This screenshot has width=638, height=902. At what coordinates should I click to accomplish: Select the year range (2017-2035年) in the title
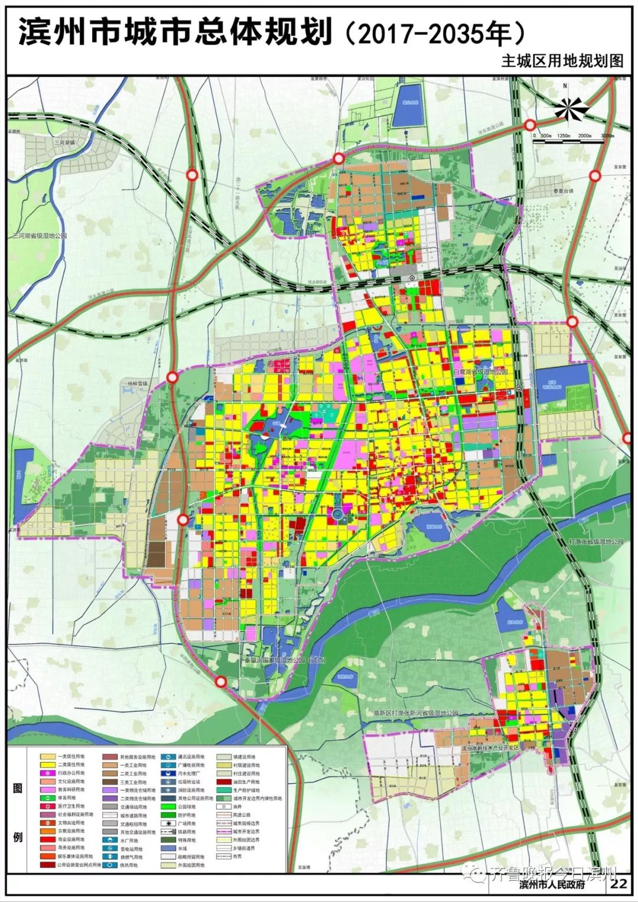(434, 34)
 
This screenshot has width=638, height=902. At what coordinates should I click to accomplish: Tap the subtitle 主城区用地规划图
(562, 62)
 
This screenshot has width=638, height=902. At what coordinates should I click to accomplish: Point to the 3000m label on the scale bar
(607, 136)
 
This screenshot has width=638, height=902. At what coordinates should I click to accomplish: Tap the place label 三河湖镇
(64, 142)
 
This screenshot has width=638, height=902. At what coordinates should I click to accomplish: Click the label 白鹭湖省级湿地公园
(480, 372)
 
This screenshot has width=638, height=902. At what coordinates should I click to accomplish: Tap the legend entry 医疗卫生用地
(62, 806)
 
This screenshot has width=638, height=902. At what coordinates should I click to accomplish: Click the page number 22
(620, 884)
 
